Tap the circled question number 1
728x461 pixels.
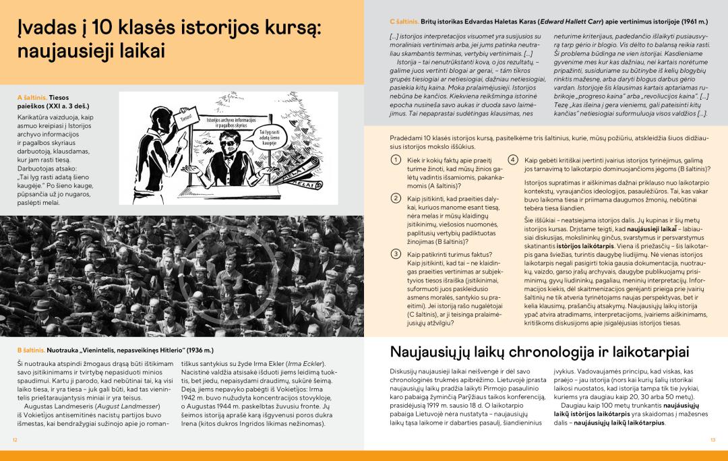[x=396, y=160]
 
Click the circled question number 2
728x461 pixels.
[x=396, y=197]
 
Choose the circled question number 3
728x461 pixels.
[x=396, y=253]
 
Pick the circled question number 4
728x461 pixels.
[x=513, y=160]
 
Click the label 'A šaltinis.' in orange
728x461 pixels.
[x=32, y=97]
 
